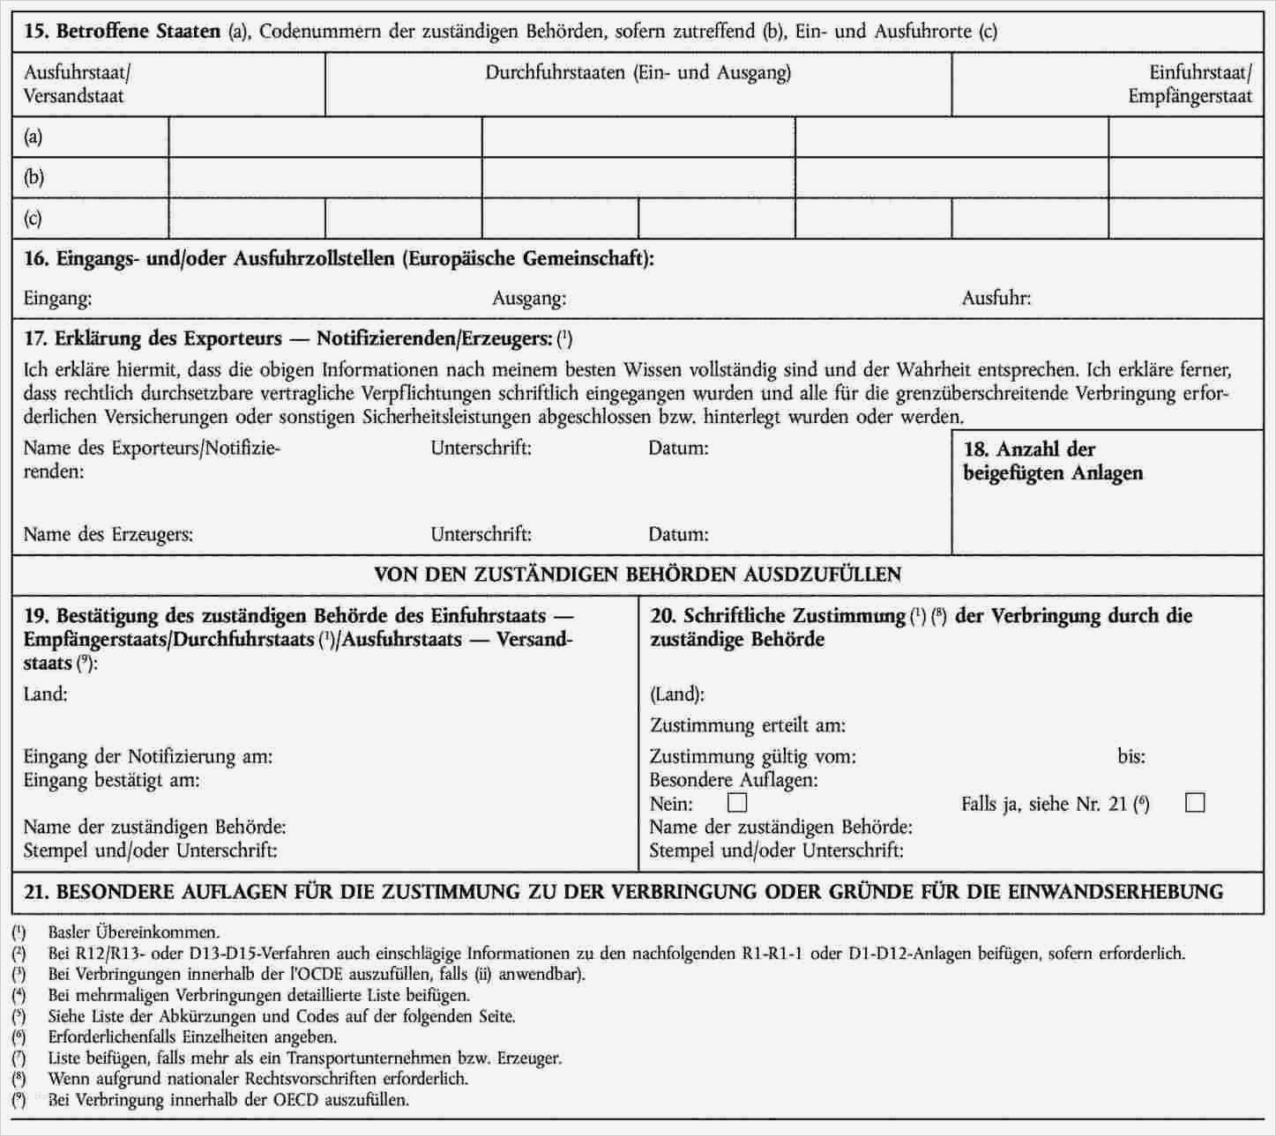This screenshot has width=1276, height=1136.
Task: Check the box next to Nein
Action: coord(736,803)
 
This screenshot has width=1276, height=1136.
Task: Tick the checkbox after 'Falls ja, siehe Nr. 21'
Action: coord(1195,803)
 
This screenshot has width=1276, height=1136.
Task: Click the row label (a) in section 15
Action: coord(34,137)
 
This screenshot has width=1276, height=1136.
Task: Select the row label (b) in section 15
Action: coord(34,177)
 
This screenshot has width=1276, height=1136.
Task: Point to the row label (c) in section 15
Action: coord(34,218)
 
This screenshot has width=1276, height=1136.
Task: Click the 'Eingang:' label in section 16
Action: coord(57,299)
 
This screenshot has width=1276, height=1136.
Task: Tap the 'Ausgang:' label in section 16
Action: coord(529,299)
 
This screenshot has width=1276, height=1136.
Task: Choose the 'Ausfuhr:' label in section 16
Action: coord(996,299)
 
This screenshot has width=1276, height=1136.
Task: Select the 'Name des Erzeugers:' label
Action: coord(108,534)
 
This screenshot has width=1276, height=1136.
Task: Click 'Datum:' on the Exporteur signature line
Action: coord(678,448)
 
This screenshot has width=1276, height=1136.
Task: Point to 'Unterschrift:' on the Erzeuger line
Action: coord(481,534)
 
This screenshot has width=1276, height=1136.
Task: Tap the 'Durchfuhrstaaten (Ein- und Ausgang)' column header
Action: coord(638,72)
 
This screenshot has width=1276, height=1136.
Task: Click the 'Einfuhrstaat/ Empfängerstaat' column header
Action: coord(1190,84)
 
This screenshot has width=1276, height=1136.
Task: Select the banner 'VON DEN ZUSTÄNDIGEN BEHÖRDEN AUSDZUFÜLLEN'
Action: coord(638,575)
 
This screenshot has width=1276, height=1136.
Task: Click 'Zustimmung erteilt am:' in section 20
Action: coord(747,726)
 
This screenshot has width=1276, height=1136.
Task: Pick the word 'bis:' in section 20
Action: coord(1131,756)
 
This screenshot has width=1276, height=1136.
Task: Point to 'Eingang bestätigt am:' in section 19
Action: coord(111,780)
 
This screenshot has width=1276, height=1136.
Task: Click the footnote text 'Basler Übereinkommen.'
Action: coord(134,932)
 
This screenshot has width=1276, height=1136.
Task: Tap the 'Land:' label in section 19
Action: coord(46,694)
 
